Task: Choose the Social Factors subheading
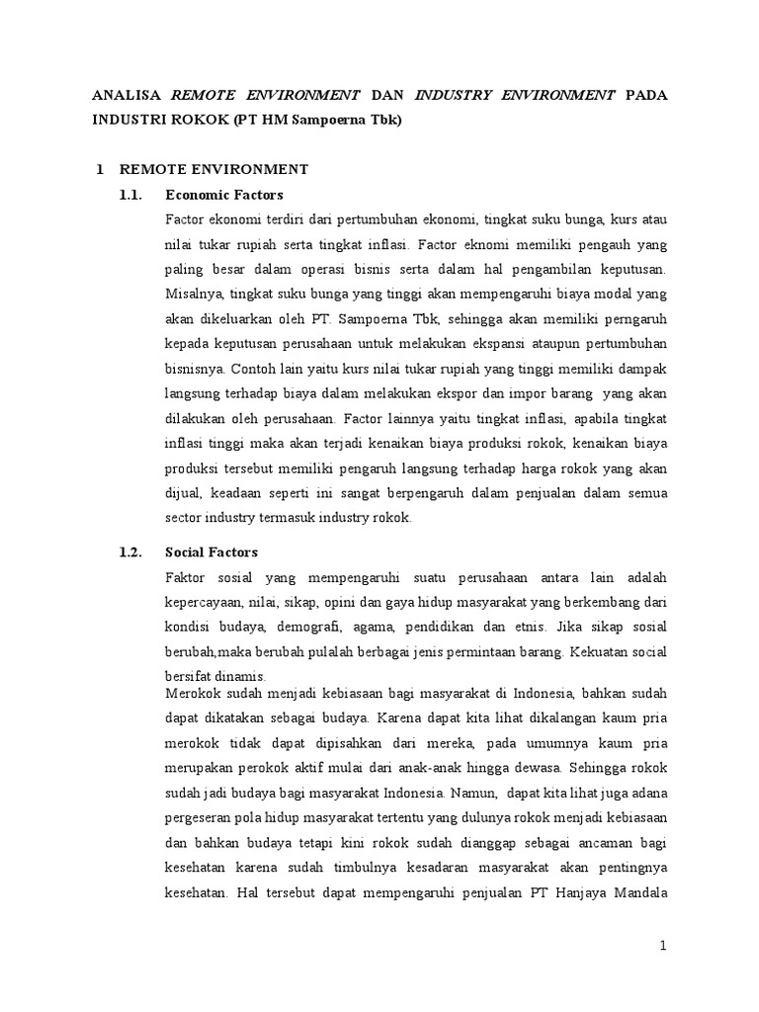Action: [x=211, y=552]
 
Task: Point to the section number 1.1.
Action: [x=131, y=194]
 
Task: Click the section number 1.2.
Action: [x=131, y=552]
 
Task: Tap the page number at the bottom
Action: [x=664, y=946]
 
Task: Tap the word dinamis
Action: [x=242, y=676]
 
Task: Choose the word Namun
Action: [x=478, y=792]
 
